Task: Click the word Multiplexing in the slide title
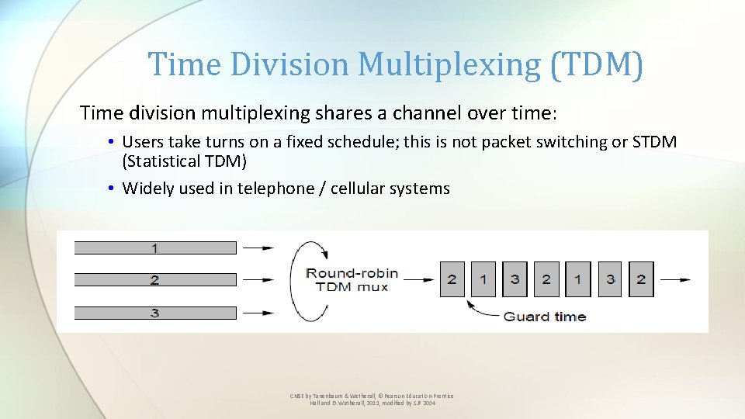tap(449, 64)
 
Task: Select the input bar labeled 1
tap(155, 248)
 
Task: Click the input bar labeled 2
tap(155, 280)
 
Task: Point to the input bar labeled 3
tap(155, 313)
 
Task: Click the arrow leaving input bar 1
tap(258, 248)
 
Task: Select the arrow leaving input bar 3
tap(258, 313)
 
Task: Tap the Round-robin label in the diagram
tap(352, 272)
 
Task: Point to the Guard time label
tap(545, 316)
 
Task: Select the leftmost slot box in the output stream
tap(452, 279)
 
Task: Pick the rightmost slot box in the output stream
tap(640, 279)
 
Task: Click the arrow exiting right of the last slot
tap(674, 279)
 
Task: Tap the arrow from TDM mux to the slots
tap(418, 279)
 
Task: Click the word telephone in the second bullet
tap(274, 189)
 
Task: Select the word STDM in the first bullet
tap(654, 142)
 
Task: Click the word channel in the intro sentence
tap(424, 113)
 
